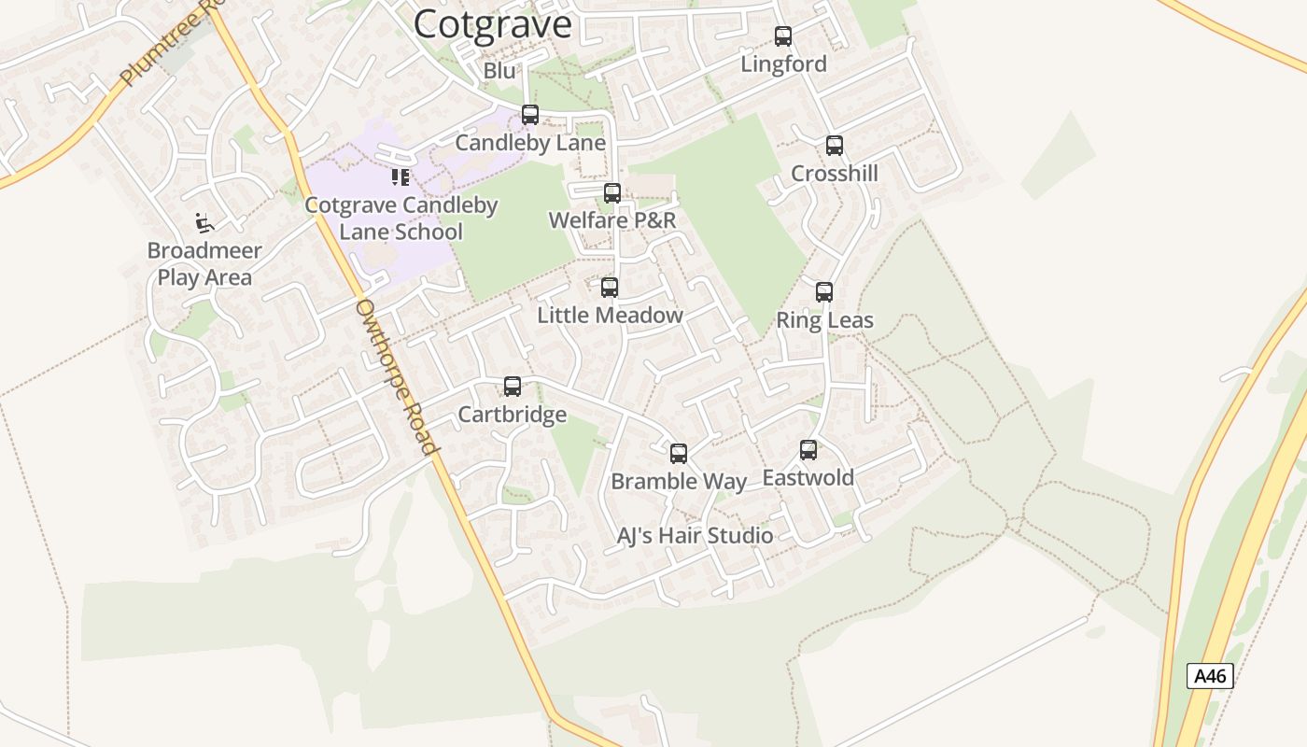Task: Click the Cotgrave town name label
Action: coord(492,24)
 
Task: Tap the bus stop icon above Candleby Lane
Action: coord(530,115)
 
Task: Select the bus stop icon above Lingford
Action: coord(783,36)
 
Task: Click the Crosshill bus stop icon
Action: coord(835,146)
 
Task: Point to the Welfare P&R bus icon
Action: coord(612,193)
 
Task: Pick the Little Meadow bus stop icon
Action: coord(610,288)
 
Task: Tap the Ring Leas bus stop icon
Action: coord(824,292)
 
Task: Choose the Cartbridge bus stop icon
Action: coord(513,387)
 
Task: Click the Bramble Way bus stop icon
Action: coord(679,454)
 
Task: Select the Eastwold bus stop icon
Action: coord(808,450)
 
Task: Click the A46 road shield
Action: coord(1210,676)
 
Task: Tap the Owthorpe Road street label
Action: coord(397,376)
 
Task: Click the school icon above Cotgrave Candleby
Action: coord(401,177)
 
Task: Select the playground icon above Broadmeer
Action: coord(204,223)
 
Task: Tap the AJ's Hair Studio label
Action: coord(696,536)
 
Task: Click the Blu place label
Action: coord(499,71)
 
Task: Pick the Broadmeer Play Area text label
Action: coord(204,264)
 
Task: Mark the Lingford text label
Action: coord(783,64)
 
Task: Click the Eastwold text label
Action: coord(808,478)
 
